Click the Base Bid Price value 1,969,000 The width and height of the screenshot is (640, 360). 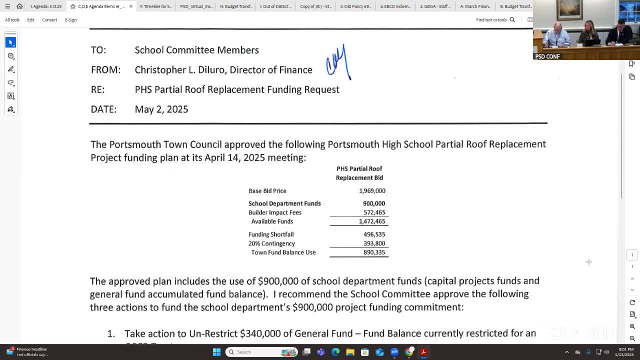(372, 190)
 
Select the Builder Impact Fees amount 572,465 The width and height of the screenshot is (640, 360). (374, 212)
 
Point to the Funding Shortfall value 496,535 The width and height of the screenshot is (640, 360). (374, 234)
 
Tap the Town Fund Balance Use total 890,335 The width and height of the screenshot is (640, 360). (374, 252)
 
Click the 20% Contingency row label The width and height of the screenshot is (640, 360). (271, 243)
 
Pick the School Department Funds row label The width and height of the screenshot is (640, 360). (284, 203)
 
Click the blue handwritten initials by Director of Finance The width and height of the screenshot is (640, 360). (338, 63)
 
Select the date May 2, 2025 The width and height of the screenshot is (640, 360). (161, 109)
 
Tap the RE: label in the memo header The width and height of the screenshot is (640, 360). (97, 89)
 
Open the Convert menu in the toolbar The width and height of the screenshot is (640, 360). (49, 20)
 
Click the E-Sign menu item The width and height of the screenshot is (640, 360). (70, 20)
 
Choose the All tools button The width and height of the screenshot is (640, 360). (12, 20)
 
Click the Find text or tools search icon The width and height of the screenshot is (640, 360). (512, 20)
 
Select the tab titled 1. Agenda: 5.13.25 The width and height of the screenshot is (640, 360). (45, 6)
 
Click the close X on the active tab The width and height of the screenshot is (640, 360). (131, 6)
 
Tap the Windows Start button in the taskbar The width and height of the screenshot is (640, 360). (216, 352)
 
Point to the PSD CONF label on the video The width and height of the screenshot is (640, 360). (547, 56)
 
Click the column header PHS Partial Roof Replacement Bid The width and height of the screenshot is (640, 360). (359, 173)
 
